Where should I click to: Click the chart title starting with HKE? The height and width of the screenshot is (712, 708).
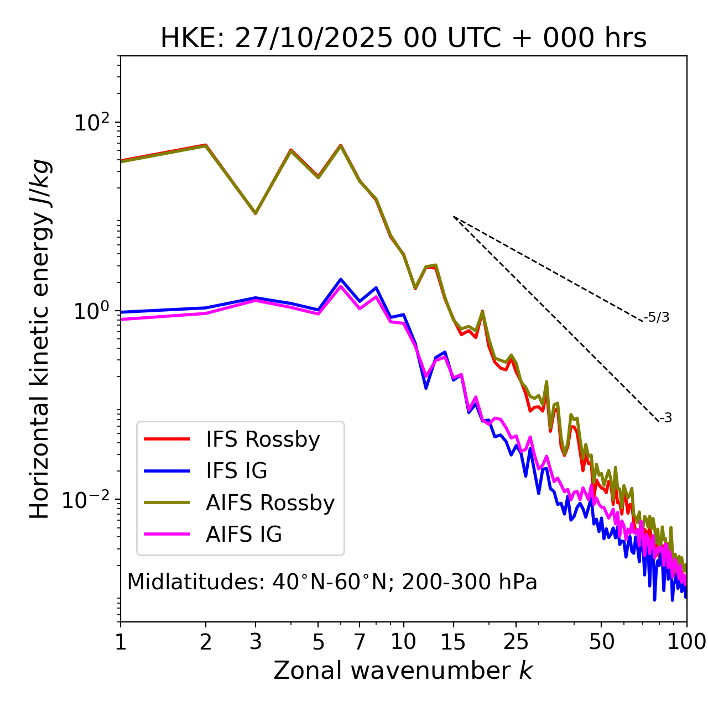(403, 38)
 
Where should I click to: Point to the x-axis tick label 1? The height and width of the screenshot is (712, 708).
(121, 642)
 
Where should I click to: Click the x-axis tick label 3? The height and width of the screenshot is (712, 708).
(256, 642)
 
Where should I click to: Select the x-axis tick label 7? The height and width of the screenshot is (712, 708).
(360, 642)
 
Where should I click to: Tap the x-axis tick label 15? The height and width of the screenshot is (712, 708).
(453, 642)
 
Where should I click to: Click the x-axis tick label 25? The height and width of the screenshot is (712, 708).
(516, 642)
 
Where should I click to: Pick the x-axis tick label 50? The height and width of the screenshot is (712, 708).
(601, 642)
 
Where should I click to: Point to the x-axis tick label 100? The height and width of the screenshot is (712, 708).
(686, 642)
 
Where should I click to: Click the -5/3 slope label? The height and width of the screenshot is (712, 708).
(657, 317)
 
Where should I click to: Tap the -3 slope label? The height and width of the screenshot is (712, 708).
(665, 418)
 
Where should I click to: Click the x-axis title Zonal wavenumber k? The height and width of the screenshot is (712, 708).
(403, 671)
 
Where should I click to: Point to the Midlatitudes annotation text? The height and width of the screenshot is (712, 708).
(332, 582)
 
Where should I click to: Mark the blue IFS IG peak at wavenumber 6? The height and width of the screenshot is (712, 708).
(341, 279)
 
